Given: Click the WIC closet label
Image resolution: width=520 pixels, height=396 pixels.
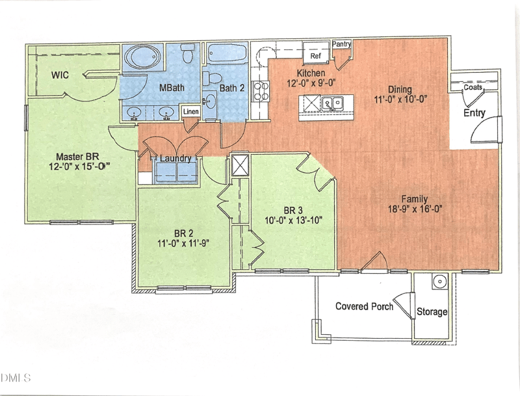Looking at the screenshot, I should coord(60,75).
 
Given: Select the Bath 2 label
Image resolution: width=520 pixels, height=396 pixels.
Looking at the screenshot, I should coord(231,87).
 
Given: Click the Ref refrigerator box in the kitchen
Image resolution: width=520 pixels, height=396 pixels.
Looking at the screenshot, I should coord(316,55).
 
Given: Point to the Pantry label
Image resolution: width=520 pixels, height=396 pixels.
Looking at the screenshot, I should coord(342,44).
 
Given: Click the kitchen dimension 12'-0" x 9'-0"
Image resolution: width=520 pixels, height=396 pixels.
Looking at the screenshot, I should coord(311,83).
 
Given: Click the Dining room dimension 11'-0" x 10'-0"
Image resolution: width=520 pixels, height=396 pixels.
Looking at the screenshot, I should coord(400,99).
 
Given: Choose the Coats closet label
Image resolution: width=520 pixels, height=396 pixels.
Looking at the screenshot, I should coord(473,86).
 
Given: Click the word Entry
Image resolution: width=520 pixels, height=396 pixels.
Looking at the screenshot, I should coord(474,113).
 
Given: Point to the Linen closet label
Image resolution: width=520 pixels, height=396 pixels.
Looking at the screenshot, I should coord(190,112).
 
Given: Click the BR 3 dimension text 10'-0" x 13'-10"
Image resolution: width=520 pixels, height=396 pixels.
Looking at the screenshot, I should coord(294,219).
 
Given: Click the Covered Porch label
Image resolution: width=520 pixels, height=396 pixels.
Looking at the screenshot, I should coord(364,306).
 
